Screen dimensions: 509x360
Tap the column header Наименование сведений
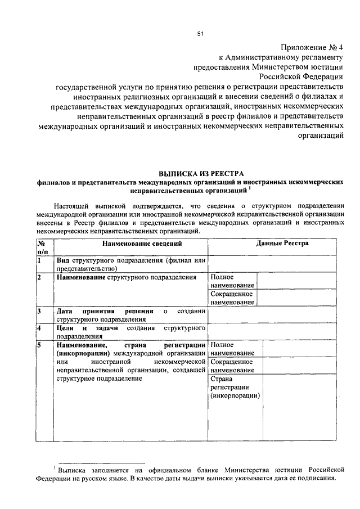coord(130,243)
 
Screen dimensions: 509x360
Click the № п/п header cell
coord(42,248)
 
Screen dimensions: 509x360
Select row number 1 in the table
coord(39,260)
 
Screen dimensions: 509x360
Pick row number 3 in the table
coord(39,310)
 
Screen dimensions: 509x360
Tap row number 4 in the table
coord(39,327)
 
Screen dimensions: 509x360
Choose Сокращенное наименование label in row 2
coord(231,298)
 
